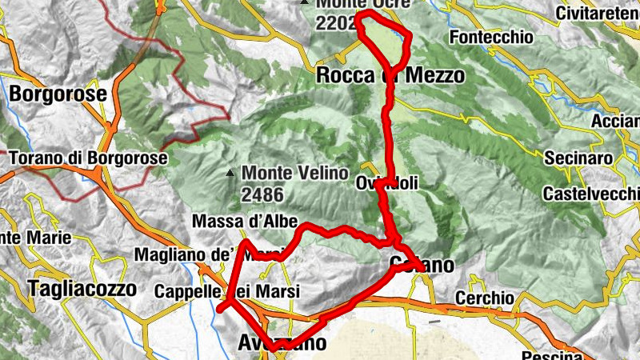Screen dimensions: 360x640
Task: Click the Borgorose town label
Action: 58,94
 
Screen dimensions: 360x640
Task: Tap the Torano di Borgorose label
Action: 88,158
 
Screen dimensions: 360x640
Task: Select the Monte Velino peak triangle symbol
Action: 230,172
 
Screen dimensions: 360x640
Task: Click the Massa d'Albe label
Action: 245,222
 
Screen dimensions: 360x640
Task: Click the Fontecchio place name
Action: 491,38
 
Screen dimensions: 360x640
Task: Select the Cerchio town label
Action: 484,298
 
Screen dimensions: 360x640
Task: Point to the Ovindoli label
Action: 387,183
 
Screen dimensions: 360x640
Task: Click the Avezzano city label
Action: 282,343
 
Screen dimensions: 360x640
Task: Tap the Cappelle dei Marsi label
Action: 227,292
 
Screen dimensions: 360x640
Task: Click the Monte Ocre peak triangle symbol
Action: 304,3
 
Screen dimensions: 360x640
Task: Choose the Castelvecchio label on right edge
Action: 590,194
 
